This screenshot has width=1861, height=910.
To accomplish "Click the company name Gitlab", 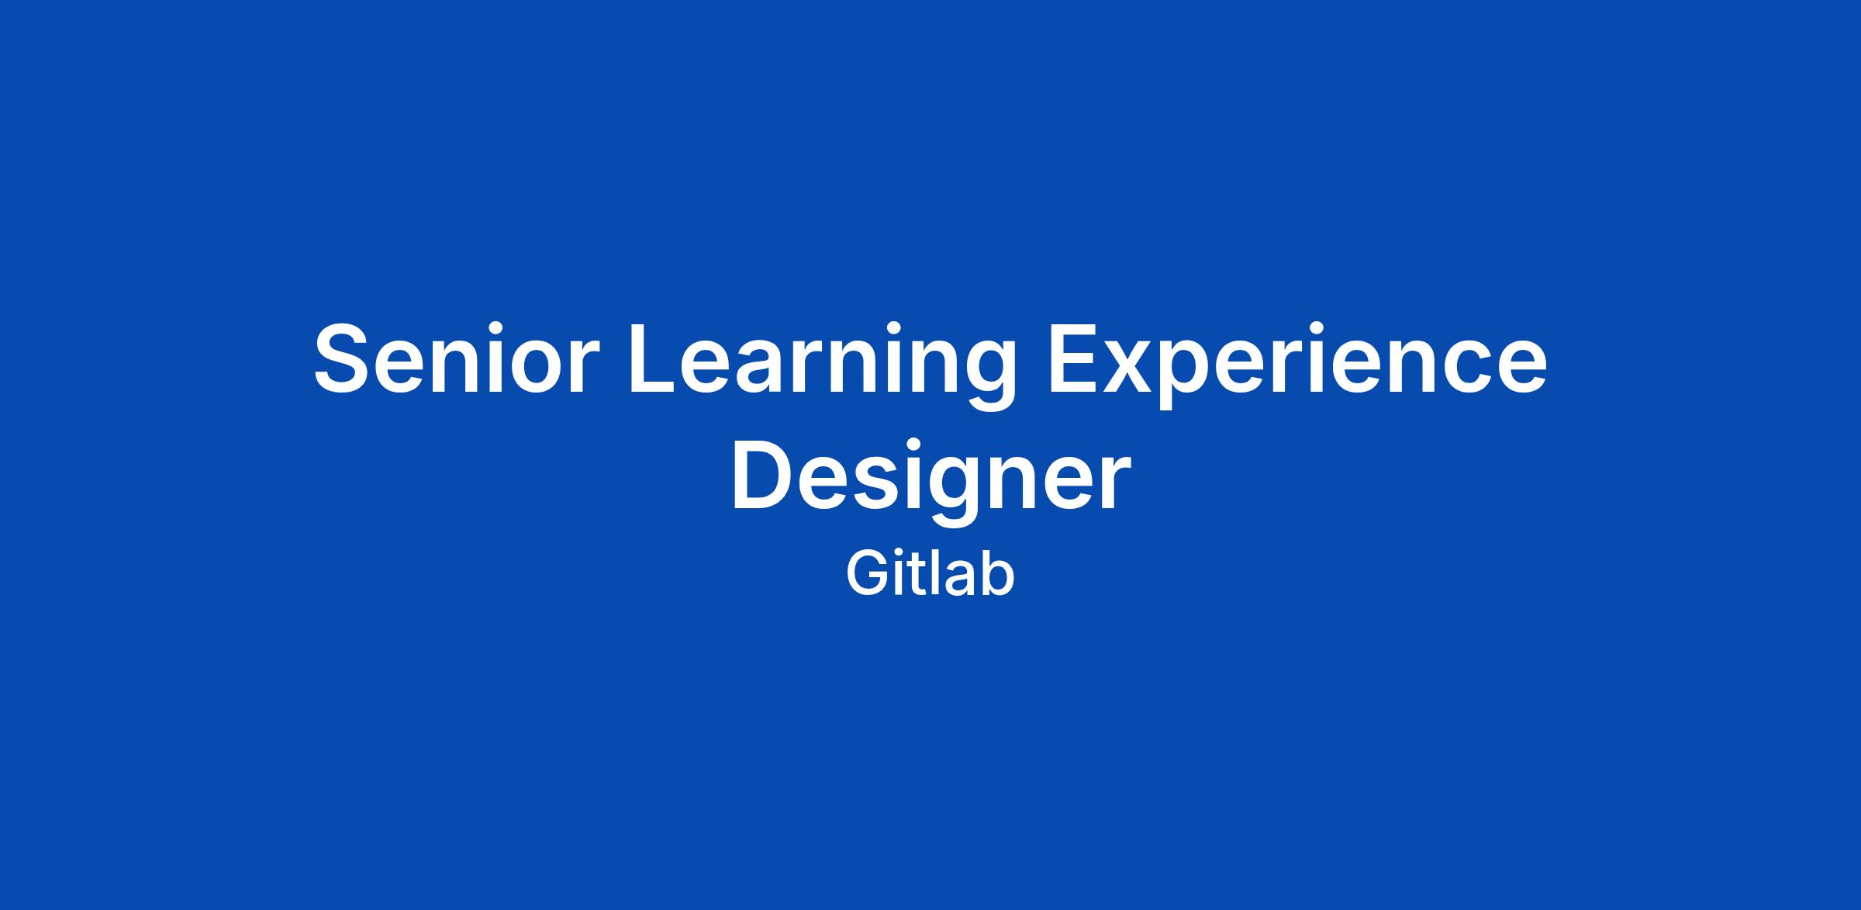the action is [930, 575].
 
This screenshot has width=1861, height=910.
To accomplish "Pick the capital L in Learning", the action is [655, 359].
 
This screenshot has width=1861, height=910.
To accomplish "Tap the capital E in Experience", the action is [1073, 359].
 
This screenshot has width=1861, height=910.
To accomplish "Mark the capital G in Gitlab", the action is [867, 575].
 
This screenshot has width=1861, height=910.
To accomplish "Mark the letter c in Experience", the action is [1453, 368].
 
